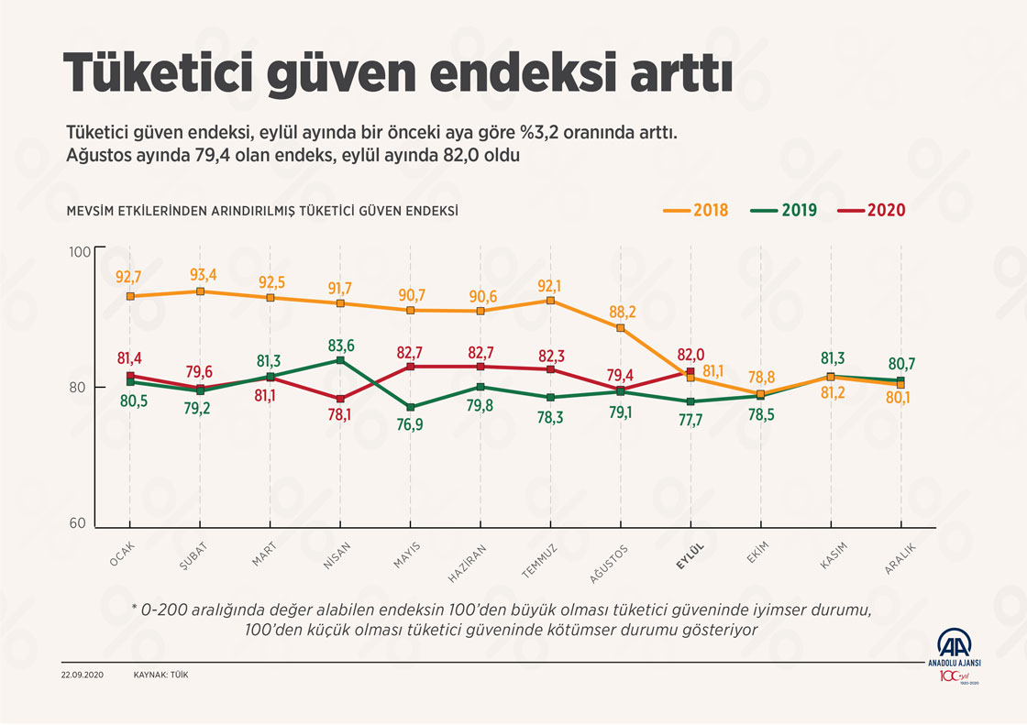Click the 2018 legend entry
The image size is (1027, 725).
click(696, 210)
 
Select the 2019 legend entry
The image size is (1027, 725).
click(784, 210)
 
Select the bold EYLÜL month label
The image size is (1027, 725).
click(690, 558)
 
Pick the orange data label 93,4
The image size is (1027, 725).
click(201, 275)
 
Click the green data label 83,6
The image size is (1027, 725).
click(341, 345)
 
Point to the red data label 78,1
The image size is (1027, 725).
click(341, 414)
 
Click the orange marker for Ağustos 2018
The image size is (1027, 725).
click(620, 328)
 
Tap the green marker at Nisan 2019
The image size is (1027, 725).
click(341, 360)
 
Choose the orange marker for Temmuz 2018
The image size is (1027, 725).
click(550, 301)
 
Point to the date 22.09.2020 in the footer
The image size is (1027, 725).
click(83, 675)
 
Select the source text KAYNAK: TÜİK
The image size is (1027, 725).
click(161, 675)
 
